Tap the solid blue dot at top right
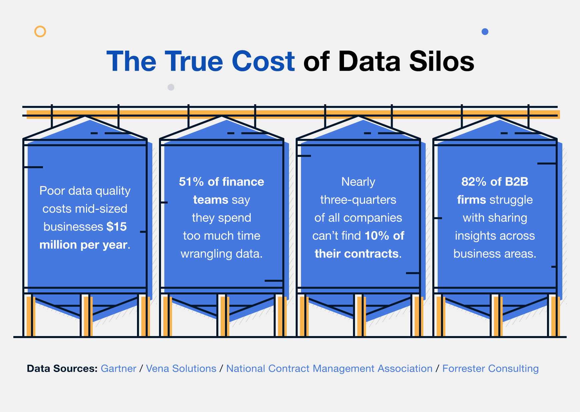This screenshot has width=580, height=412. coord(485,32)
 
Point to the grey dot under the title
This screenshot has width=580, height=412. coord(171,87)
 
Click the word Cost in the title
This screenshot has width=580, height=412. coord(263,62)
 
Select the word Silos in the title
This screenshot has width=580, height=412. coord(442,62)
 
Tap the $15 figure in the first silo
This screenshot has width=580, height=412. coord(117,227)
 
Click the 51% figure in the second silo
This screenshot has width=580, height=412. coord(191,182)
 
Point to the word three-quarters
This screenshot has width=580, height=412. coord(358,200)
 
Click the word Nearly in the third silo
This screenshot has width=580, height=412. coord(358,182)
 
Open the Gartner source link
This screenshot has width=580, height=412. coord(118,369)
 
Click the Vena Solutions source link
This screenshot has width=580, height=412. coord(181,369)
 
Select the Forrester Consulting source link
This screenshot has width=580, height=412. coord(490,369)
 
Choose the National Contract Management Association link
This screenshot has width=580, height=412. coord(329,369)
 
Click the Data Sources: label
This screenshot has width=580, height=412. coord(62,369)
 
